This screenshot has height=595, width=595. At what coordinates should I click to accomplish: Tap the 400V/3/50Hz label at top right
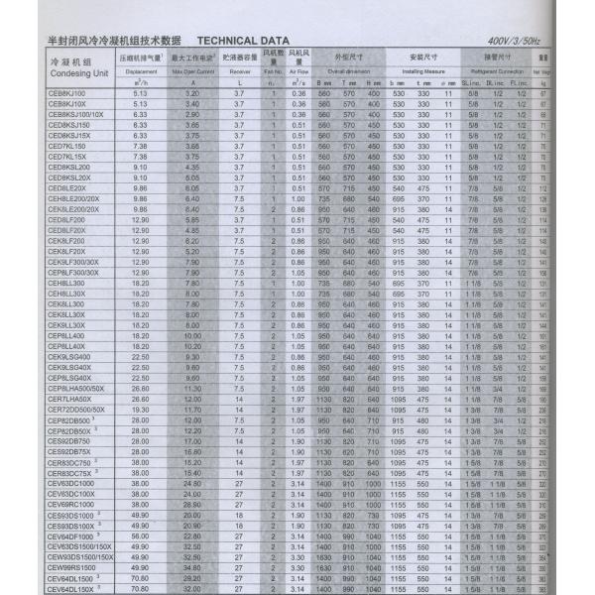pos(514,41)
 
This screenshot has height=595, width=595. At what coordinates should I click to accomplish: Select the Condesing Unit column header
pos(66,67)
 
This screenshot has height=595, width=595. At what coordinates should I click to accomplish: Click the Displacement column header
pos(142,72)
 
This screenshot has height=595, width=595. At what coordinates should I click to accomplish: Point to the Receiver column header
pos(240,72)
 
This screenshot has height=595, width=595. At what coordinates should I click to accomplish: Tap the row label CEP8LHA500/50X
pos(76,388)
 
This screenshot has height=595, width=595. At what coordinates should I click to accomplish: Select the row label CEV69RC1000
pos(70,504)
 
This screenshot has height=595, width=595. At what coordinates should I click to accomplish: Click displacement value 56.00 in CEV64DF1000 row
pos(139,535)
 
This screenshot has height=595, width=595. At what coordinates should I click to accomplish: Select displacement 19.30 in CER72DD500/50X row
pos(139,409)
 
